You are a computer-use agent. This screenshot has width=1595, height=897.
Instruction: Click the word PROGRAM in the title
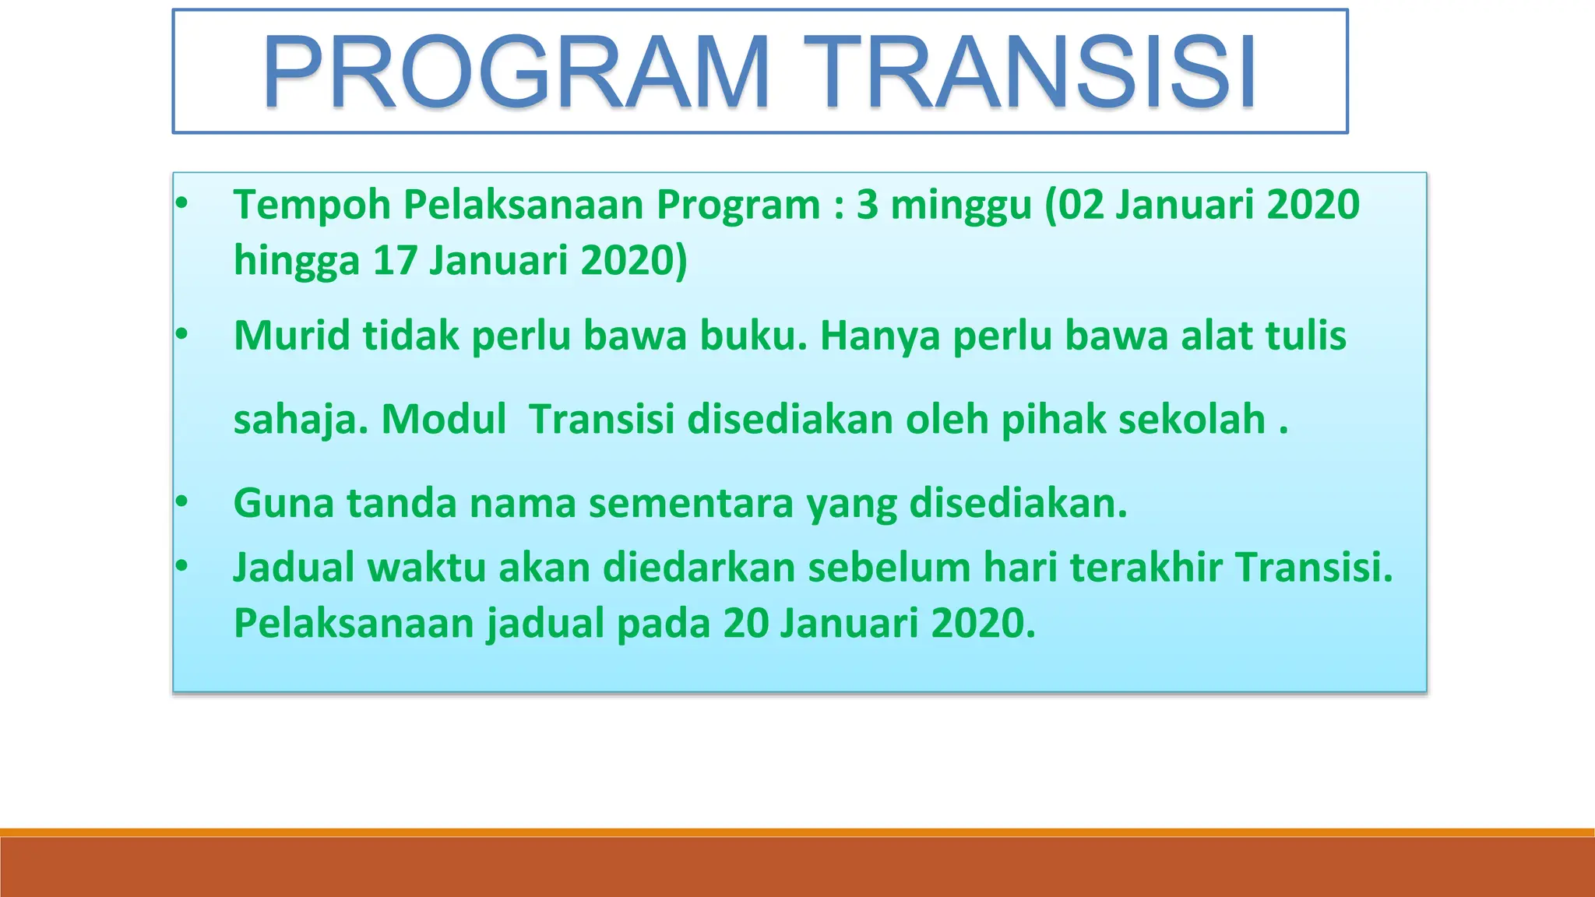pyautogui.click(x=516, y=72)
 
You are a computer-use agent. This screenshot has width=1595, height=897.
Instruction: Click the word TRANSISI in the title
pyautogui.click(x=1030, y=72)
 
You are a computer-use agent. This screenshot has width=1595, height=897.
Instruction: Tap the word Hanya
pyautogui.click(x=880, y=337)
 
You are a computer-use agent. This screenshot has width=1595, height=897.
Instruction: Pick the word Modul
pyautogui.click(x=444, y=419)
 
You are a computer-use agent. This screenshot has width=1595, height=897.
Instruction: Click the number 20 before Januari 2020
pyautogui.click(x=745, y=623)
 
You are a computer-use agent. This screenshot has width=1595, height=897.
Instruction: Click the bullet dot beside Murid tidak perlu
pyautogui.click(x=181, y=335)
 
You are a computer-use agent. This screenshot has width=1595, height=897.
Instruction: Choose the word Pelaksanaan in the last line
pyautogui.click(x=354, y=623)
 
